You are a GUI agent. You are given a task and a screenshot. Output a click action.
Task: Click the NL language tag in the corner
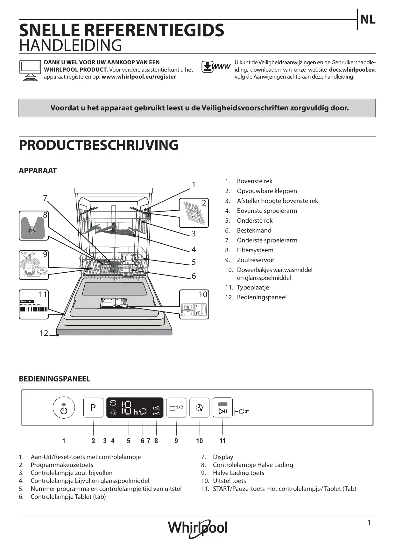pyautogui.click(x=368, y=20)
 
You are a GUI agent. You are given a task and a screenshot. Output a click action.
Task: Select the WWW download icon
pyautogui.click(x=215, y=67)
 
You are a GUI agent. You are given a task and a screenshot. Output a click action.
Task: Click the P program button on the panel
pyautogui.click(x=93, y=408)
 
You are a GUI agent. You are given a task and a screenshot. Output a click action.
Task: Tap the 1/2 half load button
pyautogui.click(x=176, y=408)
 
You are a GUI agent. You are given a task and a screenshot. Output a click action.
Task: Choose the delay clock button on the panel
pyautogui.click(x=200, y=408)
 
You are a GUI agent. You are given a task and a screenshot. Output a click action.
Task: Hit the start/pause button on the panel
pyautogui.click(x=222, y=408)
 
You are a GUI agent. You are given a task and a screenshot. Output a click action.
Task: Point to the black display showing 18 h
pyautogui.click(x=135, y=408)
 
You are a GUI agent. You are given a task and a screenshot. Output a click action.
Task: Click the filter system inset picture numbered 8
pyautogui.click(x=34, y=226)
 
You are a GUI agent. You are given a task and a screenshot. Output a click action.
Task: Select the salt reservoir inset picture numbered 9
pyautogui.click(x=34, y=265)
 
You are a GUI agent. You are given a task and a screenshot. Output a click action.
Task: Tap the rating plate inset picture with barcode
pyautogui.click(x=34, y=304)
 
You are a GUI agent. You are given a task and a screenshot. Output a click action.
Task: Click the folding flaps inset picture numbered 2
pyautogui.click(x=194, y=213)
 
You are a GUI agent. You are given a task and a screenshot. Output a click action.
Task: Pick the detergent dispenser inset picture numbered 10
pyautogui.click(x=194, y=304)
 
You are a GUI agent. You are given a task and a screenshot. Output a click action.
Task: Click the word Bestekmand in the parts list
pyautogui.click(x=254, y=230)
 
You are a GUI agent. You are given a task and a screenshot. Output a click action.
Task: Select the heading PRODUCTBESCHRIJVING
pyautogui.click(x=99, y=145)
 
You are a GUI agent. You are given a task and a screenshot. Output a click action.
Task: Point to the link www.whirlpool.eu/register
pyautogui.click(x=138, y=77)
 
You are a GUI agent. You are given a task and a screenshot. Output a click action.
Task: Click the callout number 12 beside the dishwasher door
pyautogui.click(x=44, y=333)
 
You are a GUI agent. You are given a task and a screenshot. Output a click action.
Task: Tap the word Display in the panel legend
pyautogui.click(x=223, y=457)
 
